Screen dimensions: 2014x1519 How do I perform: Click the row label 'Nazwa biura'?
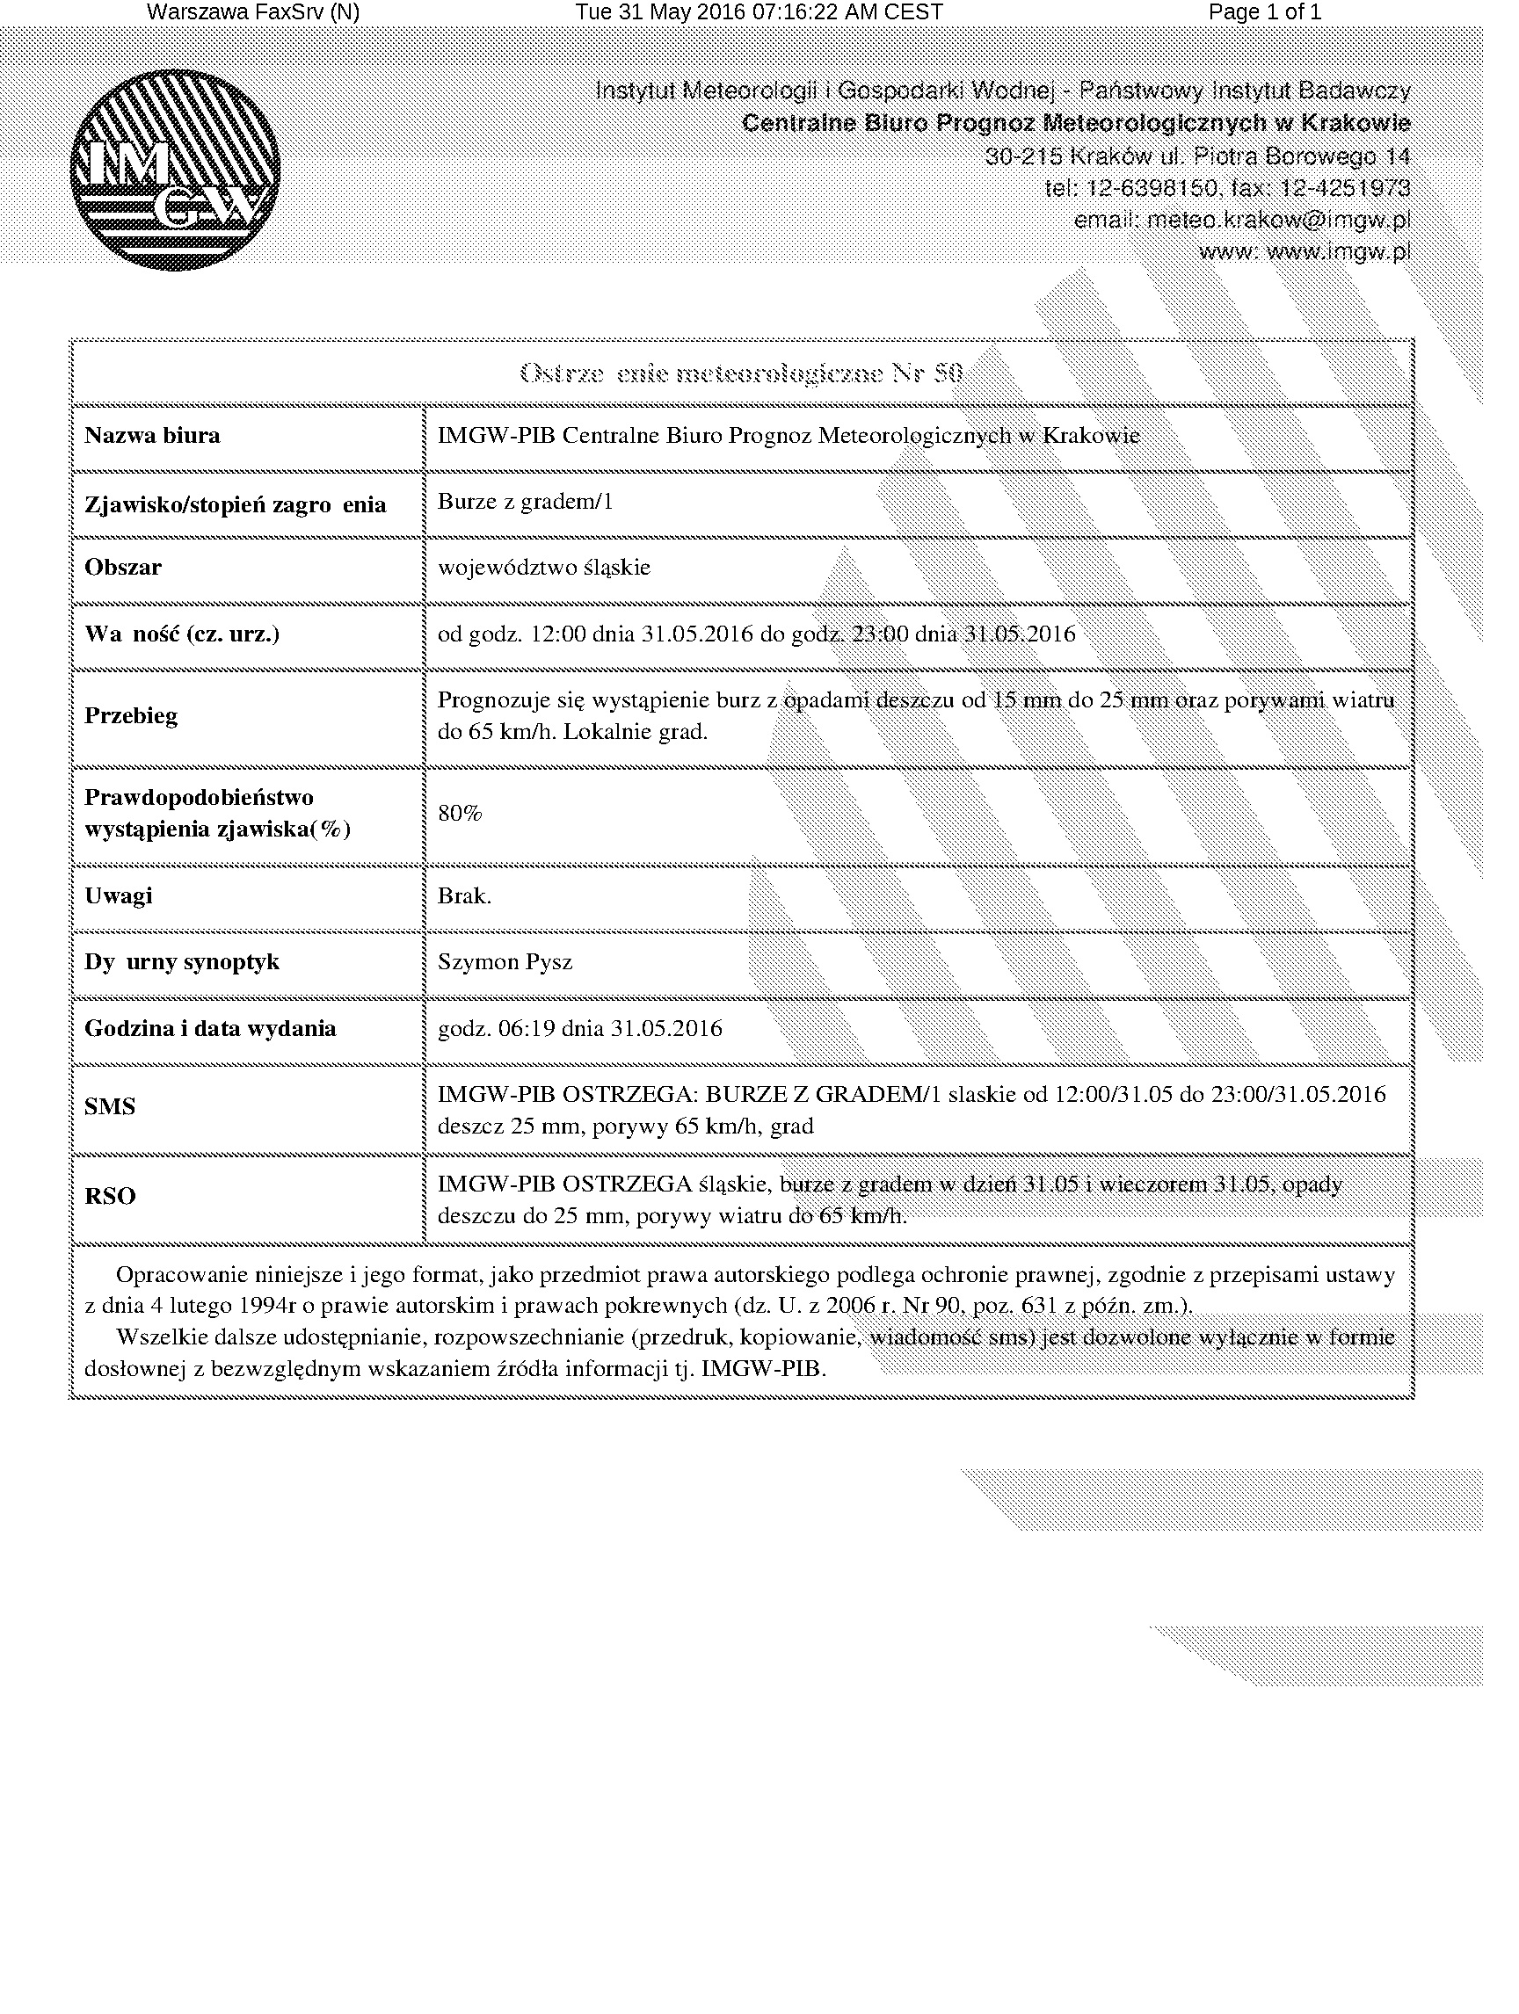(152, 435)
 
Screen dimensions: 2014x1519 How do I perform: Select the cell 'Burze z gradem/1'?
(525, 502)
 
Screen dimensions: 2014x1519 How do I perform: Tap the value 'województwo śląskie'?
(543, 568)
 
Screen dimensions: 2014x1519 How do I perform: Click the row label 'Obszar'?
(123, 568)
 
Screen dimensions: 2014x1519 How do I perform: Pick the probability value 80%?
(460, 813)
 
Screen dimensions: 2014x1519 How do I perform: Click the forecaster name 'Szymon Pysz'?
(505, 961)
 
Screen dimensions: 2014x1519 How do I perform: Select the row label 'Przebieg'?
(131, 715)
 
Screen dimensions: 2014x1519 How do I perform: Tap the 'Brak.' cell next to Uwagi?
(464, 895)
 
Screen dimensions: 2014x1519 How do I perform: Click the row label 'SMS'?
(110, 1106)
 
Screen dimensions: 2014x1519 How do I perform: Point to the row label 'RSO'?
(110, 1195)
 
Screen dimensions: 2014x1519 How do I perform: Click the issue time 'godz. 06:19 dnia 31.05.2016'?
(579, 1028)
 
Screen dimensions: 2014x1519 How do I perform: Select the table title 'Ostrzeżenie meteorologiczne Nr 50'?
(740, 373)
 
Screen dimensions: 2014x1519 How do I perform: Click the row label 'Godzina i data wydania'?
(210, 1028)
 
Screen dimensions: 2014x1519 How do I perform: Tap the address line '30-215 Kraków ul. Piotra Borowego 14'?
(1197, 156)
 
